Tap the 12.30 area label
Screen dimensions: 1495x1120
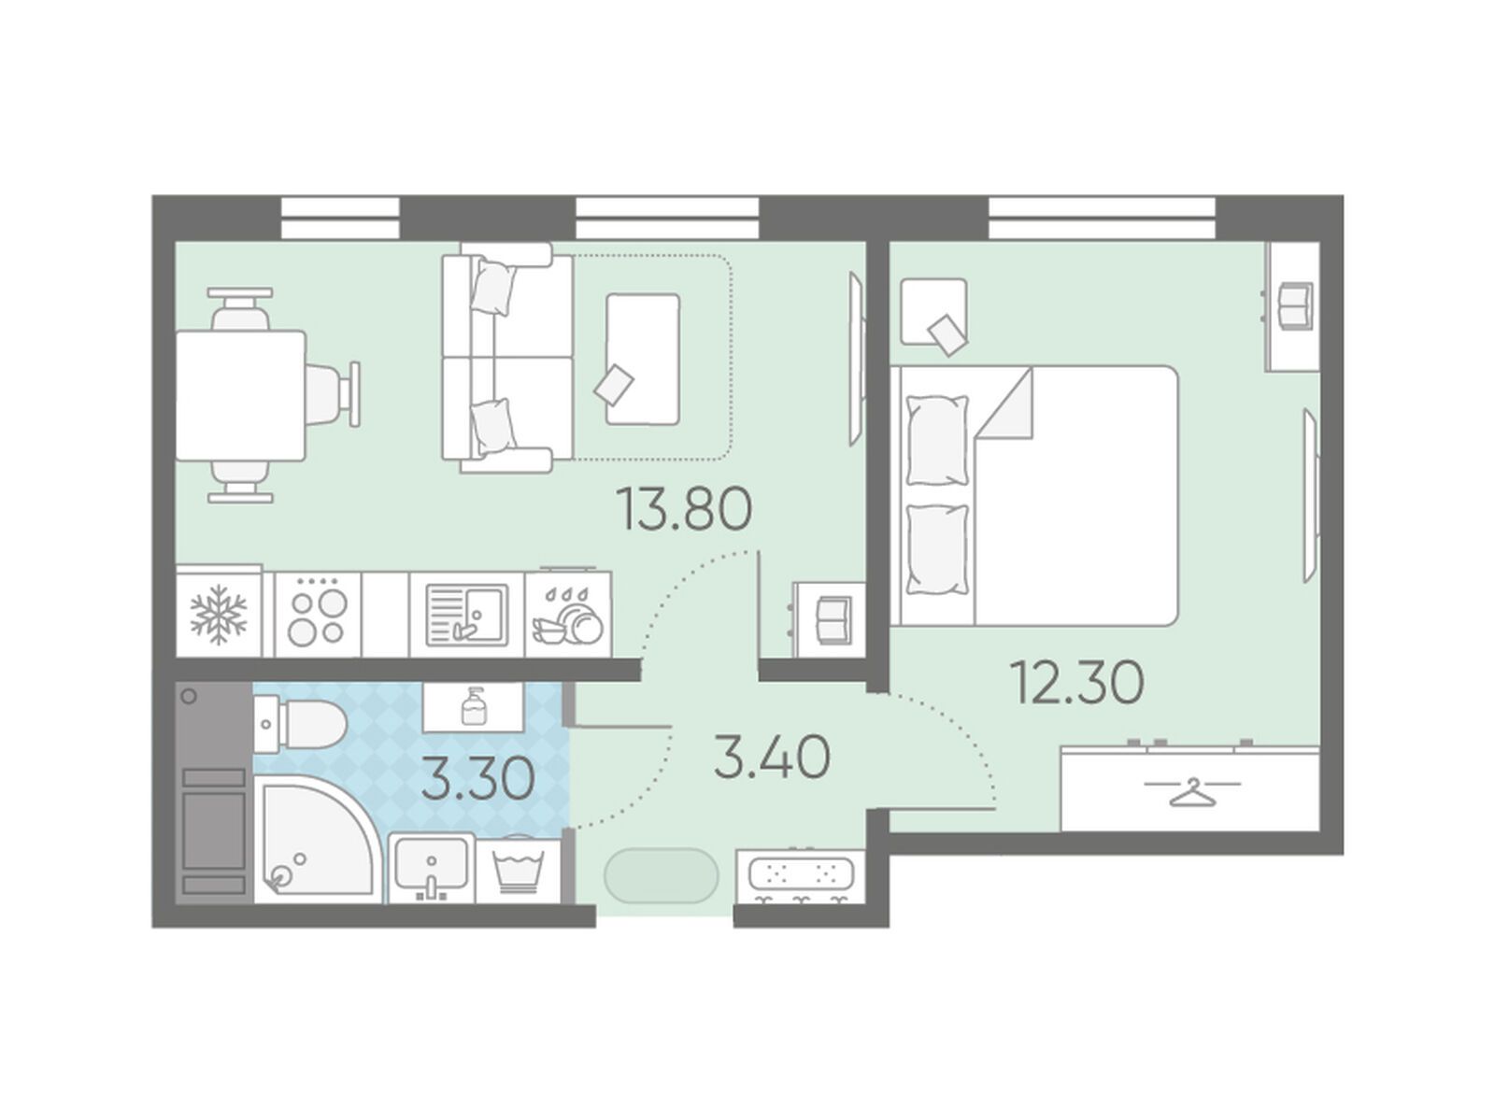[1078, 683]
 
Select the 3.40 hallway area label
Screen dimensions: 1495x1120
[773, 758]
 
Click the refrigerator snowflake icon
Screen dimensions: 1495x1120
[218, 614]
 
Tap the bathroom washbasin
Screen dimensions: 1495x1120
[431, 868]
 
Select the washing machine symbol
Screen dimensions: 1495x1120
[519, 872]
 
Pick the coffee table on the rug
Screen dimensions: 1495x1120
[642, 360]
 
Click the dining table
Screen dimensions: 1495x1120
[240, 395]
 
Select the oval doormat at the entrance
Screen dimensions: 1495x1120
[661, 875]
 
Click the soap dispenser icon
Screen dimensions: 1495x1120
[474, 706]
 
